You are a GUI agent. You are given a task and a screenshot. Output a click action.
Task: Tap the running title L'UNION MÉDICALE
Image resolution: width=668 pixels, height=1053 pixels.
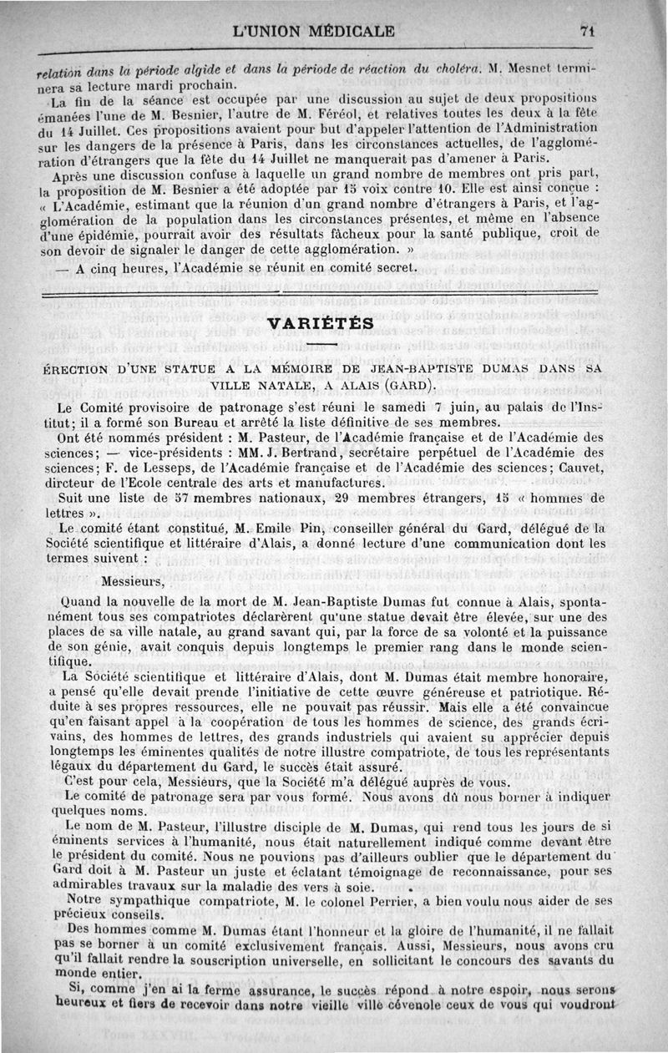point(314,33)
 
